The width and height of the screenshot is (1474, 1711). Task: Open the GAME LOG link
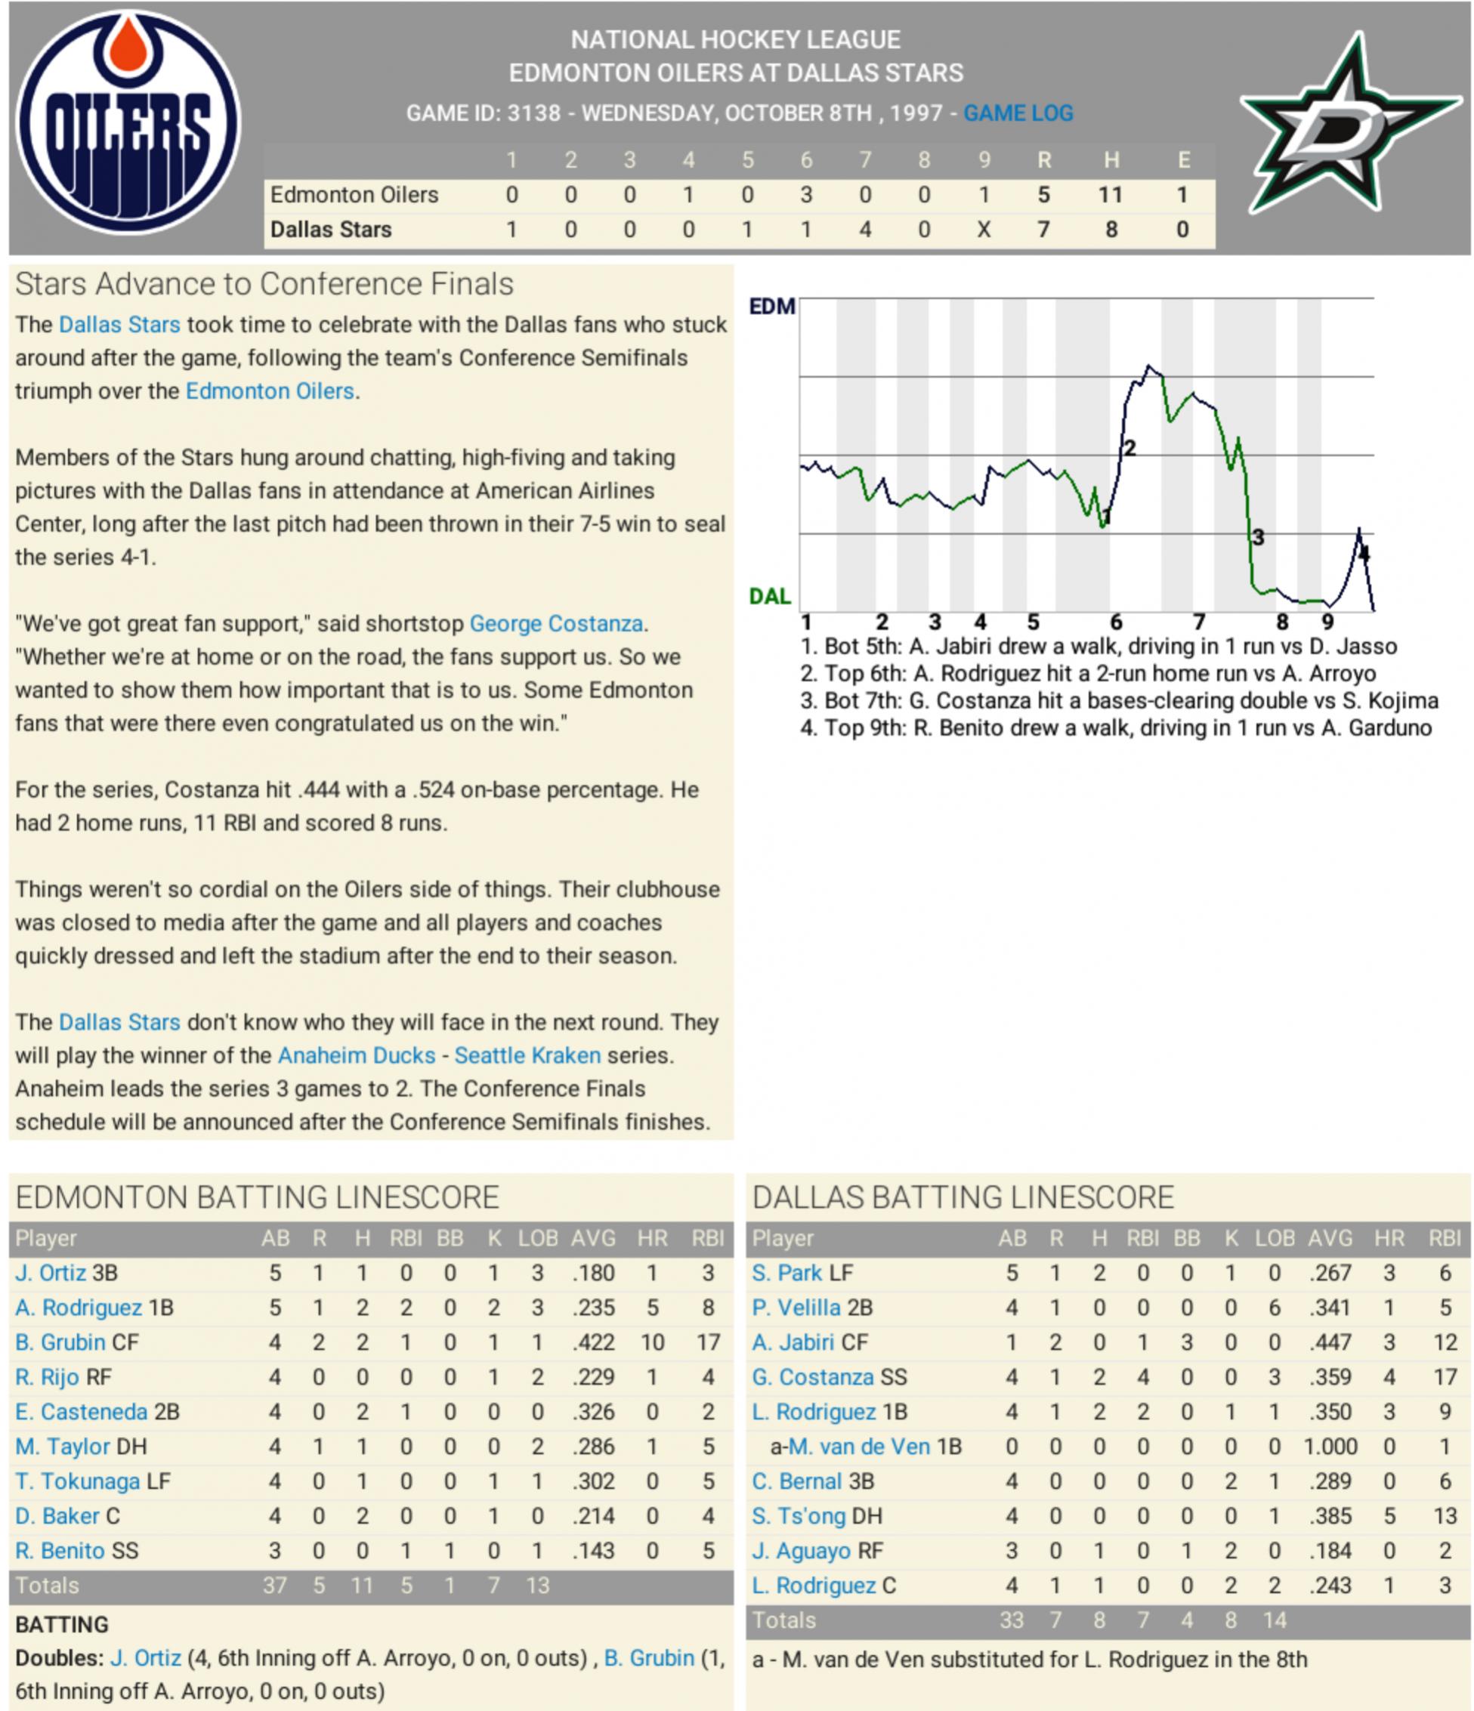click(x=1018, y=113)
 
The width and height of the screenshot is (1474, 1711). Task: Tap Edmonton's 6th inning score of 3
click(x=806, y=195)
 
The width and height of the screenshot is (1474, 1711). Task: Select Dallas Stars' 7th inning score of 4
click(x=864, y=230)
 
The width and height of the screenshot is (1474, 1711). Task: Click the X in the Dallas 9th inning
click(x=983, y=230)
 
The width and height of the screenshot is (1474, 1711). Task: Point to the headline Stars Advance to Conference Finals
click(x=264, y=284)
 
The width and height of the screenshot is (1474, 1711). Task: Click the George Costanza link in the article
click(x=556, y=623)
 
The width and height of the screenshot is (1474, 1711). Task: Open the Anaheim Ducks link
click(x=356, y=1055)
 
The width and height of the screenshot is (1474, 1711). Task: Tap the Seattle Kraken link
click(x=527, y=1055)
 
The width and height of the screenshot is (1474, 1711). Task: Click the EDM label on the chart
click(x=771, y=307)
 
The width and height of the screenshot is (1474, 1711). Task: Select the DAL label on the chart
click(x=770, y=596)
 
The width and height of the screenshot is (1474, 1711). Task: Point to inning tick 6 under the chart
click(x=1116, y=622)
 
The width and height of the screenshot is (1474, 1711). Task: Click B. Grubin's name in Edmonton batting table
click(x=60, y=1342)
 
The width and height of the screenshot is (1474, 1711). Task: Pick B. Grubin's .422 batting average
click(x=593, y=1342)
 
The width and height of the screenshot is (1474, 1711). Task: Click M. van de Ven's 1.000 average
click(x=1330, y=1446)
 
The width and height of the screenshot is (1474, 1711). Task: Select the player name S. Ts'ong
click(x=799, y=1515)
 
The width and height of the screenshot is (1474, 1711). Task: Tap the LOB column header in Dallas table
click(x=1274, y=1238)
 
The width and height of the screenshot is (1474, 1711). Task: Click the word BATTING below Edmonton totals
click(x=62, y=1624)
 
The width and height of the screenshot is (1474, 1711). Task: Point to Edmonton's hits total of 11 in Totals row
click(x=362, y=1586)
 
